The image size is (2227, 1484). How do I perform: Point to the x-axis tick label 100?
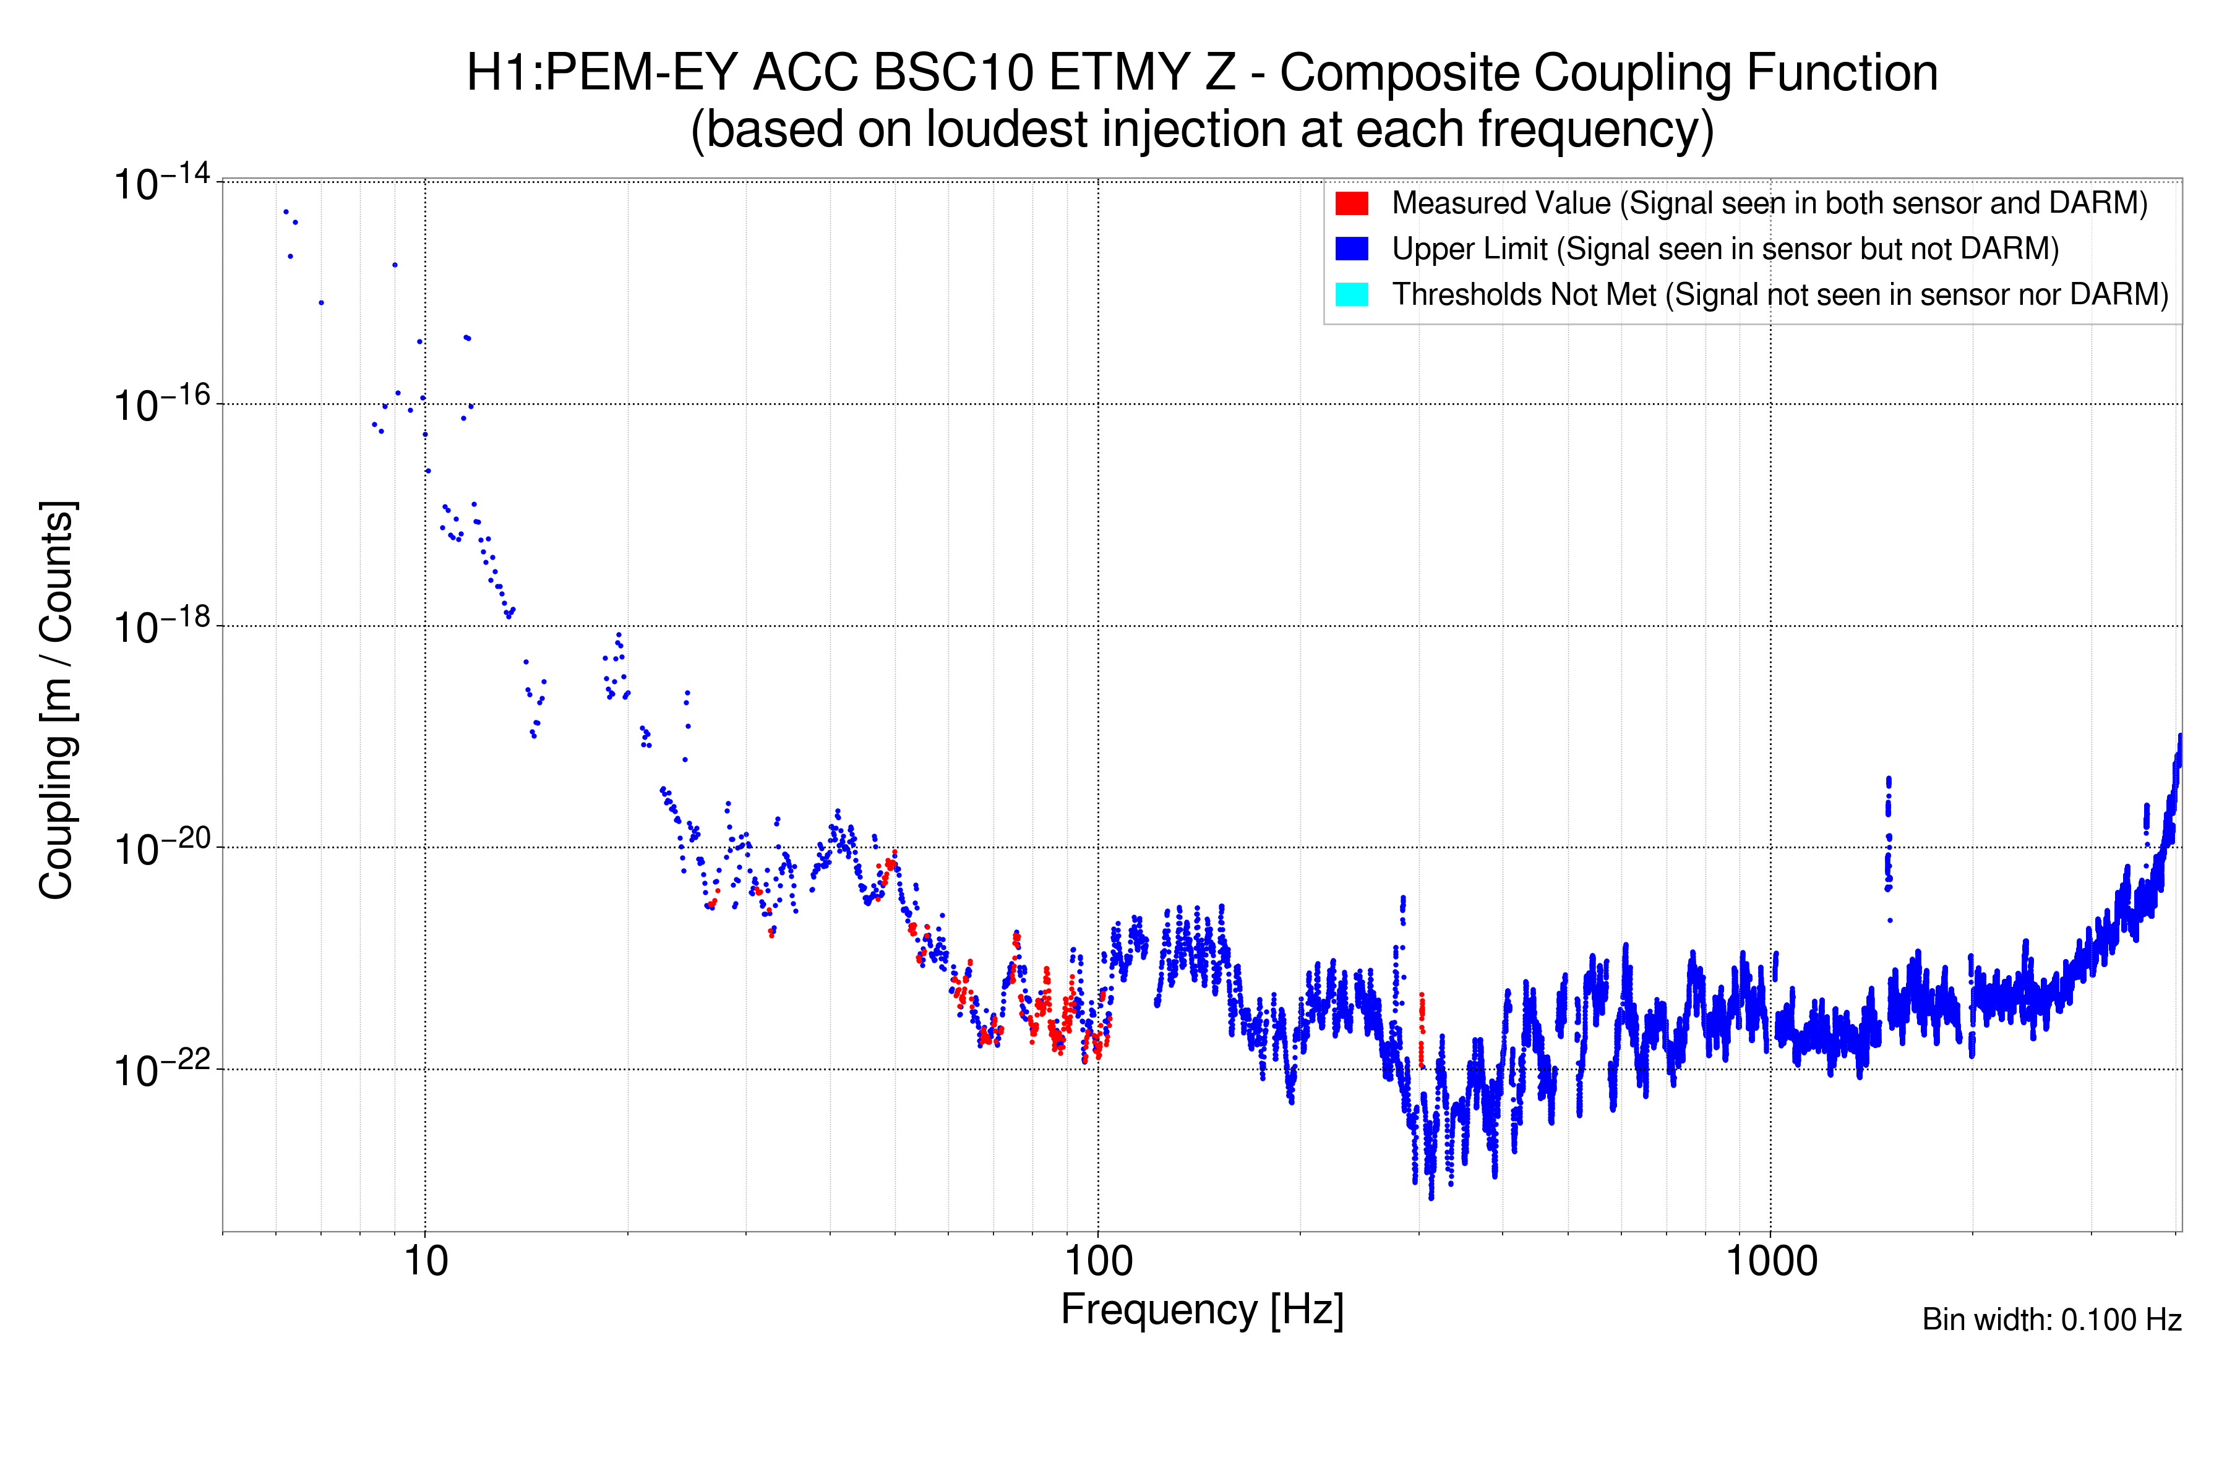point(1099,1261)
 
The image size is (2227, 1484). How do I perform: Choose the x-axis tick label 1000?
point(1770,1261)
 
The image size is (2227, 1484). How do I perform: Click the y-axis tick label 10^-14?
point(161,182)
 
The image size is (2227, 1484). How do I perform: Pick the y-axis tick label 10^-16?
point(161,405)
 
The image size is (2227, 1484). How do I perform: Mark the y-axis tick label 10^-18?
point(161,626)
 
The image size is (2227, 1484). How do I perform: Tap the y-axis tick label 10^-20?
point(161,849)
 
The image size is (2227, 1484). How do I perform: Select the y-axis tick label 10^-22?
point(161,1070)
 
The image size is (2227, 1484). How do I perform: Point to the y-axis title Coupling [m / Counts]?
point(57,701)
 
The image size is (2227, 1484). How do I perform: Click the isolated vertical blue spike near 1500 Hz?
point(1888,833)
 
